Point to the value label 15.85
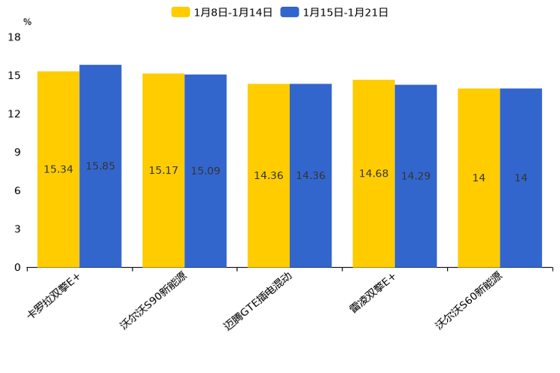[100, 166]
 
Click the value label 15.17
[163, 171]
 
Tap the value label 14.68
[373, 174]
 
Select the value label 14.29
[415, 176]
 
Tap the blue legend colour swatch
[290, 12]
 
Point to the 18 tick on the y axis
[14, 37]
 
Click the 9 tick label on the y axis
[17, 152]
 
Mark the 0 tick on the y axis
[17, 267]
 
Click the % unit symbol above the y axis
[27, 23]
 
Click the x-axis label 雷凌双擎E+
[373, 294]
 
